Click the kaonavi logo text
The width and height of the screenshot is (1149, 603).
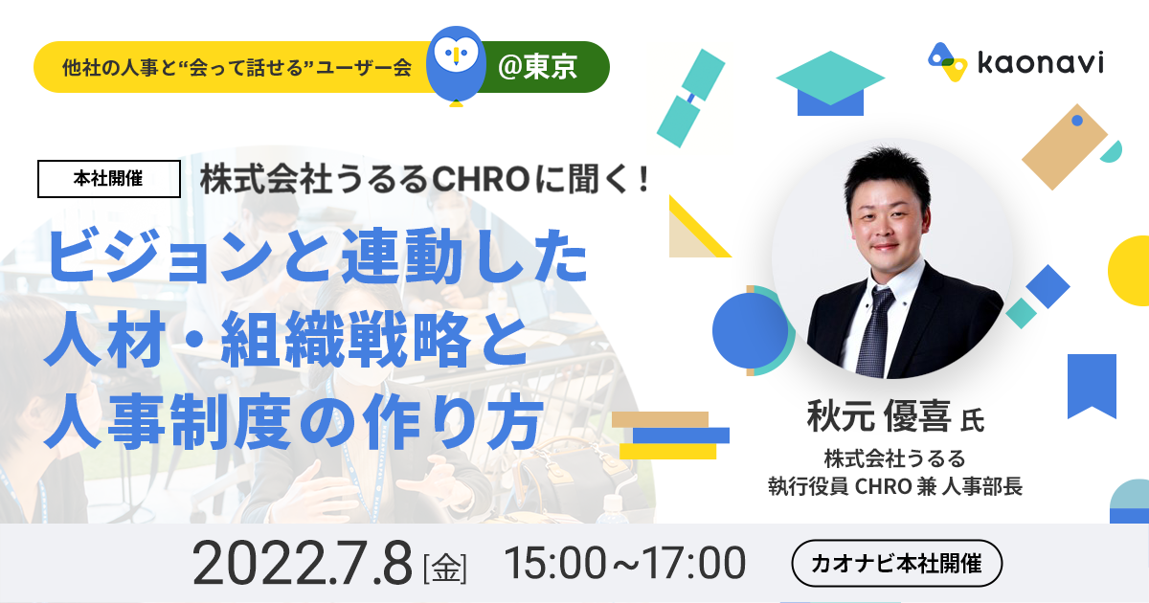1041,63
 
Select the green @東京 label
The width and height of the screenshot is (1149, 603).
537,67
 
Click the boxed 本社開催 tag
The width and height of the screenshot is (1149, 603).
109,179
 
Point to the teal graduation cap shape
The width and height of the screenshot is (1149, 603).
830,83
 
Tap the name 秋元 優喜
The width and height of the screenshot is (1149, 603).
879,416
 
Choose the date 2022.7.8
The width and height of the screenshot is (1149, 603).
303,563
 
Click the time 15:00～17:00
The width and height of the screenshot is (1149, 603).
624,563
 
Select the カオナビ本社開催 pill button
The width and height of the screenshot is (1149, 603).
896,563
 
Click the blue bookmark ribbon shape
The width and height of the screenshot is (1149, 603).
1093,386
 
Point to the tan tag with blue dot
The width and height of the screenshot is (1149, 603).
1065,147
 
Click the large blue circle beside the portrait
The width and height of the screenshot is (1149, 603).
750,331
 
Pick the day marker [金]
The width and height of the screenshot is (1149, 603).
444,569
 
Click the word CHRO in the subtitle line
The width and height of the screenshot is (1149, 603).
481,180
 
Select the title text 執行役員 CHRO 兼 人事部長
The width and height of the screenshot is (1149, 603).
895,486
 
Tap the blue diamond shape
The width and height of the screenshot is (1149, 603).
1048,286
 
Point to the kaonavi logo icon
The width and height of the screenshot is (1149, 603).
947,62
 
